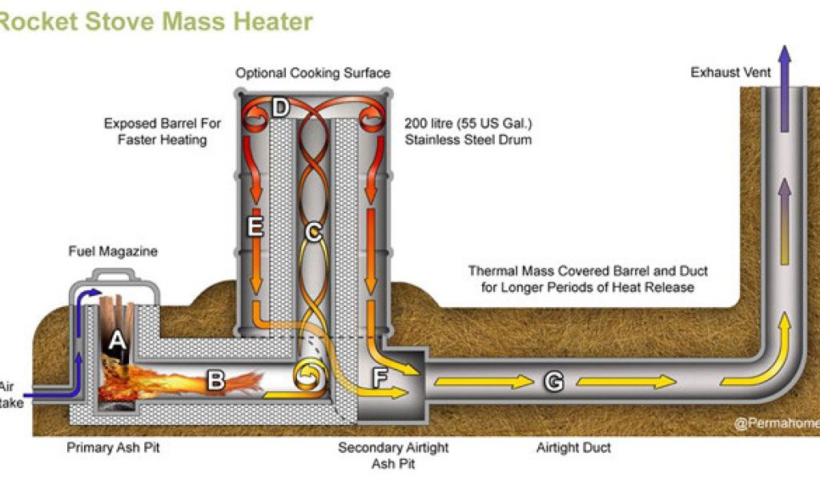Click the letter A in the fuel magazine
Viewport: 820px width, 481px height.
coord(118,341)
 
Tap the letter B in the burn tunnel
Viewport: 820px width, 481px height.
coord(215,380)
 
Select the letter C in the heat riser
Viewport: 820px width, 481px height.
coord(313,234)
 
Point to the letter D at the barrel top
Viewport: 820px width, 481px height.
coord(279,107)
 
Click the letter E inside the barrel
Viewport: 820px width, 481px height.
coord(255,227)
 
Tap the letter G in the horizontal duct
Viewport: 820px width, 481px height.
coord(553,381)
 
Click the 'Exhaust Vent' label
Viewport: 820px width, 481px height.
coord(730,73)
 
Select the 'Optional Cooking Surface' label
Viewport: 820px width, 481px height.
coord(313,73)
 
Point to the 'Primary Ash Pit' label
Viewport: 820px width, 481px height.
coord(113,447)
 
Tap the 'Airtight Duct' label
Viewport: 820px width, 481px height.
coord(574,447)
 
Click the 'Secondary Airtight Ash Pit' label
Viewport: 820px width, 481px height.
coord(393,455)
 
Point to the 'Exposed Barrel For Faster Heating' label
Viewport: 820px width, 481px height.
coord(162,131)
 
